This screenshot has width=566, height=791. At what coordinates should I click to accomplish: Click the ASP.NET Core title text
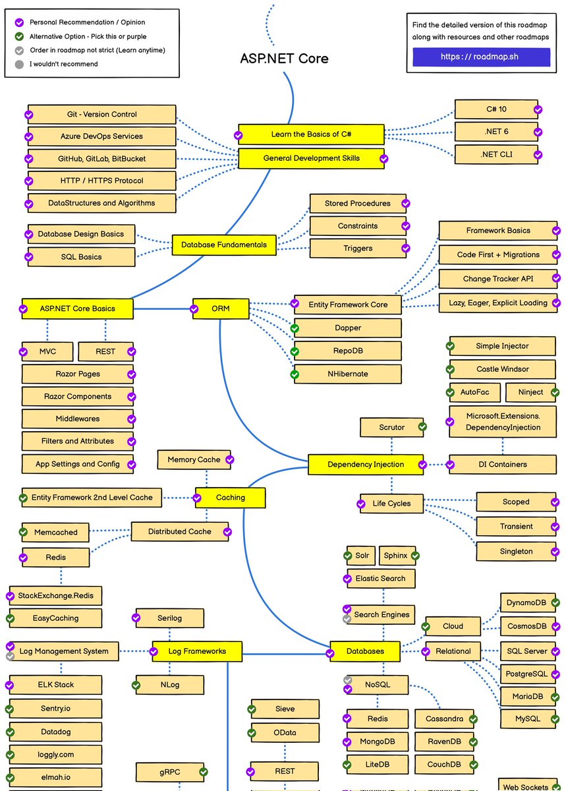[x=284, y=58]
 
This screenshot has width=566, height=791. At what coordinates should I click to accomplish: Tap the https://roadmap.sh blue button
[x=481, y=57]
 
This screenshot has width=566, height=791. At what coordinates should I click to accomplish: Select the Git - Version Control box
[x=102, y=114]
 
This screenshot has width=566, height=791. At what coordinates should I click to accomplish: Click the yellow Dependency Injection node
[x=366, y=464]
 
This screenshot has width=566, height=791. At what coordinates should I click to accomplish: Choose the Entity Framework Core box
[x=348, y=305]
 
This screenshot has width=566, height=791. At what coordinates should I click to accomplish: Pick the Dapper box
[x=348, y=328]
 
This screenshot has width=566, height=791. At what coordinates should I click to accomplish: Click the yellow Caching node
[x=231, y=498]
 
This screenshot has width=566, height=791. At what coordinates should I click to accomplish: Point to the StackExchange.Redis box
[x=56, y=595]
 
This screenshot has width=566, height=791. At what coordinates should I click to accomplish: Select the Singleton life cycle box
[x=516, y=551]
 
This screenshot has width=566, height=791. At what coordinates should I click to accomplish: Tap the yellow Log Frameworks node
[x=197, y=651]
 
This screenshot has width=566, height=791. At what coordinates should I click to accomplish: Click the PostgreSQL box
[x=526, y=674]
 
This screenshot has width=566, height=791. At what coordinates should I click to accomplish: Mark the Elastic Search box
[x=381, y=578]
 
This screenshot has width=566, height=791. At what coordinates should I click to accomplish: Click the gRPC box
[x=170, y=771]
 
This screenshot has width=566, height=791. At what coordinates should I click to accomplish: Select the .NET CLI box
[x=495, y=155]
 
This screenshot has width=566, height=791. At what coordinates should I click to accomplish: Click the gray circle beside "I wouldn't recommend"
[x=19, y=64]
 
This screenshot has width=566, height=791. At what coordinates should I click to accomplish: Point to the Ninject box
[x=530, y=392]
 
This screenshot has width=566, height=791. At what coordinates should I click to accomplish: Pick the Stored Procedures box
[x=357, y=203]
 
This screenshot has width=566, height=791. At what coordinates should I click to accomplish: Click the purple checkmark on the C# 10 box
[x=538, y=109]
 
